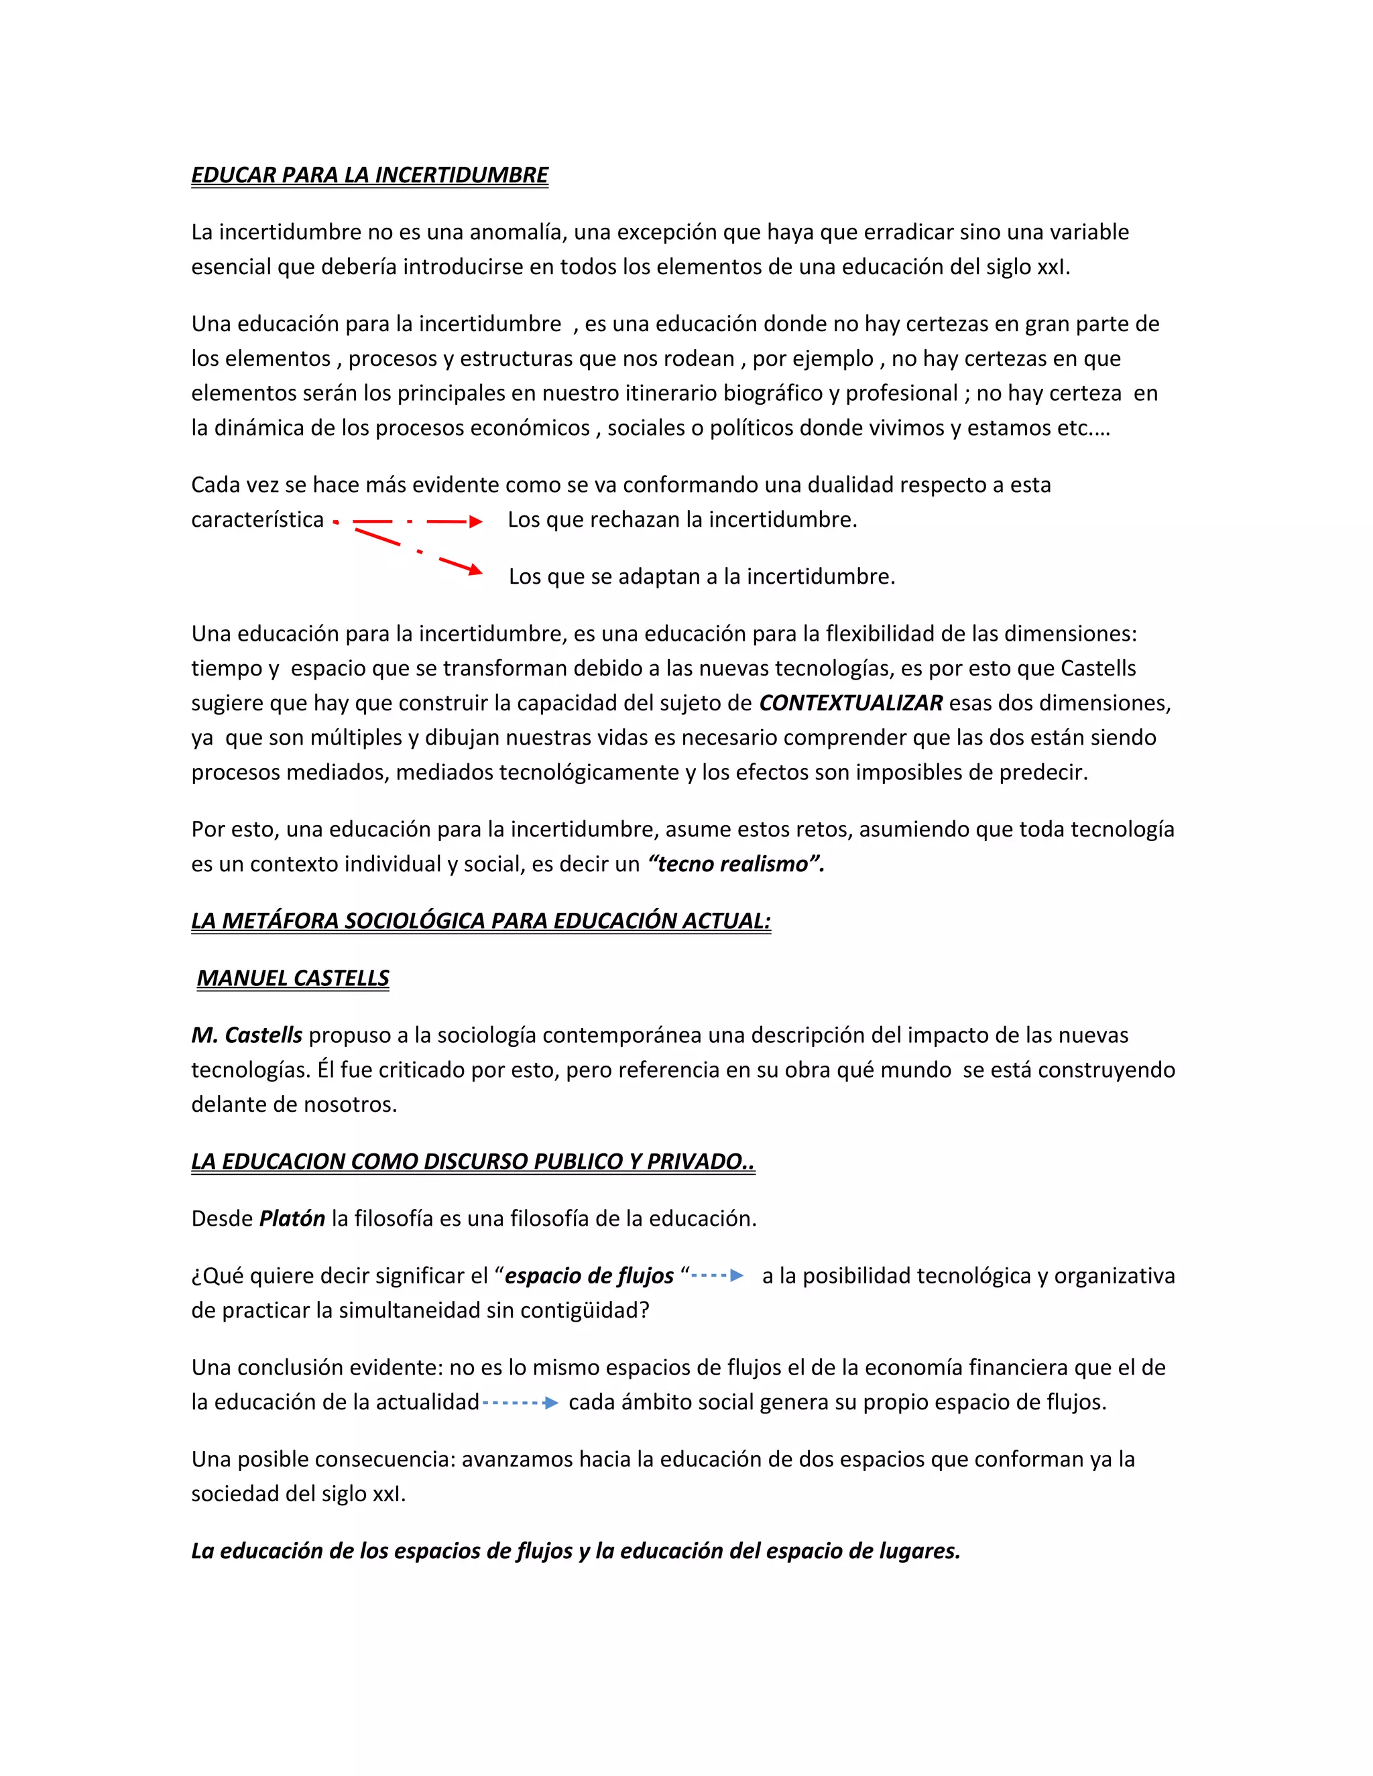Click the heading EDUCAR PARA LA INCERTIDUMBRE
(x=369, y=175)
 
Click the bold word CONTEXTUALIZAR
(x=851, y=702)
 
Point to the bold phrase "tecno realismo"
(x=736, y=864)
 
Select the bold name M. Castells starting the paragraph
(x=247, y=1035)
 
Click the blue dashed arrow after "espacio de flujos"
(x=717, y=1276)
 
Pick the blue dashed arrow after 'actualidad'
(x=520, y=1403)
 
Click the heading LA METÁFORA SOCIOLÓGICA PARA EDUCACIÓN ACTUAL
(x=481, y=921)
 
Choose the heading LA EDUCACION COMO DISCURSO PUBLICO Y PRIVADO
(x=473, y=1161)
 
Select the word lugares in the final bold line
(x=919, y=1551)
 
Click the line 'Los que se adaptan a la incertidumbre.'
(x=701, y=576)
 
